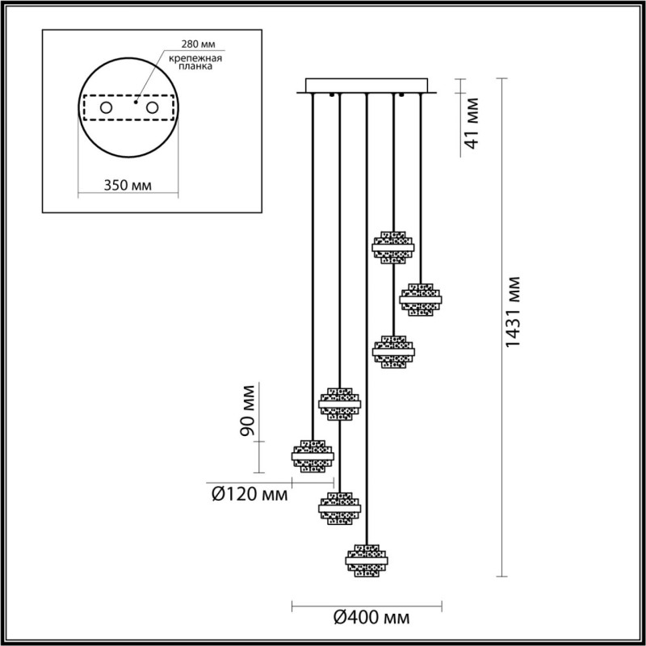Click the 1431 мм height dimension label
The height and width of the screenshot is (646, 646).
click(513, 312)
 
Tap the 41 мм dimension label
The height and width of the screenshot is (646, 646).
click(473, 123)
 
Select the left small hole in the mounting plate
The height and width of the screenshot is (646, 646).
click(106, 107)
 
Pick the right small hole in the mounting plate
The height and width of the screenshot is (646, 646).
click(153, 107)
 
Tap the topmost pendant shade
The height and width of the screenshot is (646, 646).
click(393, 247)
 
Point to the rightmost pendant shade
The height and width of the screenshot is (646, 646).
click(422, 298)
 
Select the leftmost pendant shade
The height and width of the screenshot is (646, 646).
click(313, 455)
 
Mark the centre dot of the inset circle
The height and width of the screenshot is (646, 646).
click(136, 103)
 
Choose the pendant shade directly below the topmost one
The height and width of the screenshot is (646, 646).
click(393, 351)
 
